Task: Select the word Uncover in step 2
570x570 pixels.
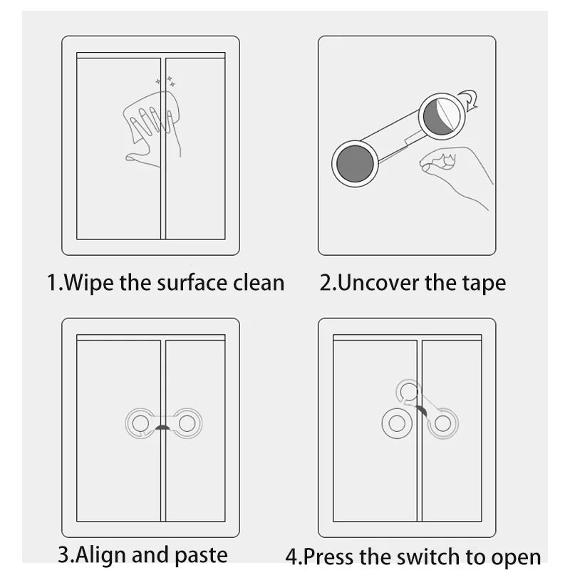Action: point(378,282)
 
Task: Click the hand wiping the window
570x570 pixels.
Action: point(152,132)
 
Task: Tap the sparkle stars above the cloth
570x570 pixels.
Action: point(165,83)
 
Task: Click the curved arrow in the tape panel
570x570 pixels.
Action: point(467,100)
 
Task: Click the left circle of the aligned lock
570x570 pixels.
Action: point(140,423)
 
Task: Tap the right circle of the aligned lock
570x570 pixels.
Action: point(187,423)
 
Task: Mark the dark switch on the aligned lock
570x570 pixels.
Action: point(164,427)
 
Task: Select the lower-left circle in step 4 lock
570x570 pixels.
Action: point(395,423)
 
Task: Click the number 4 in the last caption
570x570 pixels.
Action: point(291,556)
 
